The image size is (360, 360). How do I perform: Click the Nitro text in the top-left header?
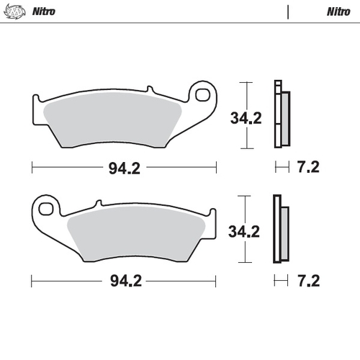pyautogui.click(x=44, y=12)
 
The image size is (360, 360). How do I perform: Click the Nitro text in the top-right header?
pyautogui.click(x=338, y=12)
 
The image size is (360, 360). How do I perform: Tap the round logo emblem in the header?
pyautogui.click(x=15, y=12)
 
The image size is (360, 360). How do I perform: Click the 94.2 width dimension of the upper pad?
pyautogui.click(x=125, y=168)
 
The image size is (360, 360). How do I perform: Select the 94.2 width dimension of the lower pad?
pyautogui.click(x=126, y=281)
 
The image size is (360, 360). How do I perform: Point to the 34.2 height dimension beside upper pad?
pyautogui.click(x=246, y=118)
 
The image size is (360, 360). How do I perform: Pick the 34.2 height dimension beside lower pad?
pyautogui.click(x=244, y=232)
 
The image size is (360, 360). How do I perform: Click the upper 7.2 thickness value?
pyautogui.click(x=308, y=167)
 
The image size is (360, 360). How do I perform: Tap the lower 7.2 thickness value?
pyautogui.click(x=309, y=281)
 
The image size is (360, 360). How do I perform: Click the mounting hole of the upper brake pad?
pyautogui.click(x=202, y=94)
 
